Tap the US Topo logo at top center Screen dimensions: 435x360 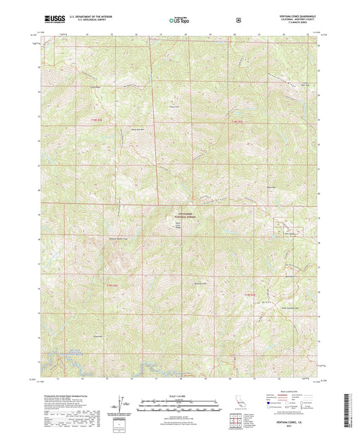[179, 20]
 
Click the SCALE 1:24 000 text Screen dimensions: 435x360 [179, 396]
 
